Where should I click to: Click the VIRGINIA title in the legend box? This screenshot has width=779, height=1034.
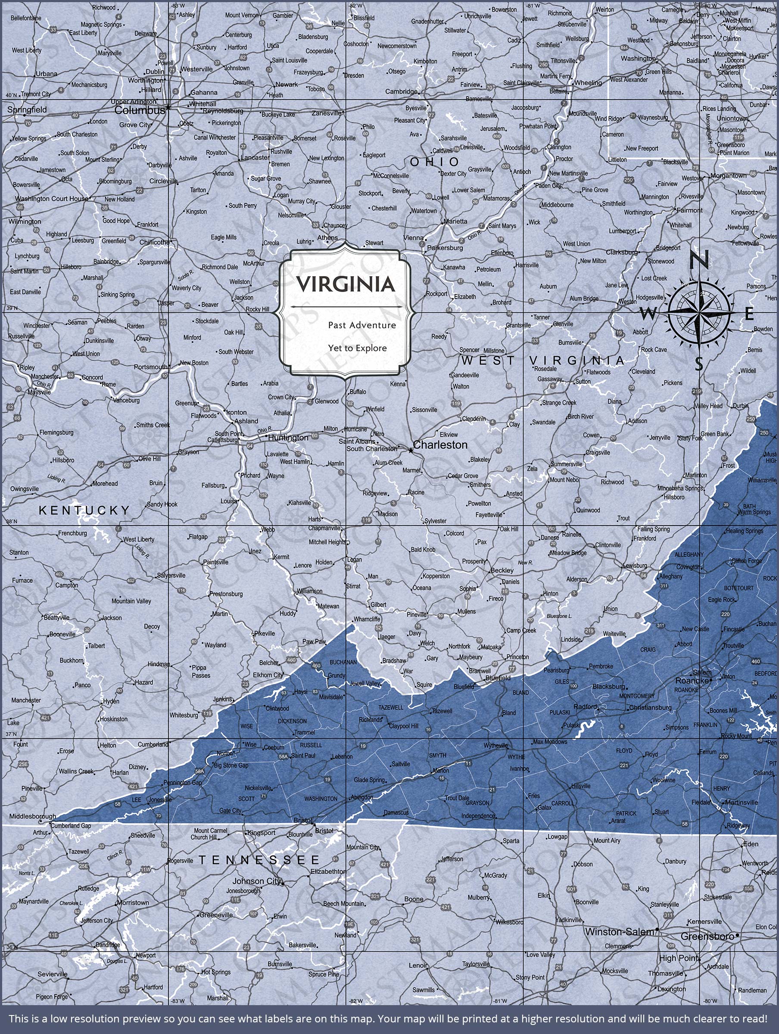click(x=346, y=284)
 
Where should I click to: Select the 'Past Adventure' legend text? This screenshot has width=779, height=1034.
click(x=361, y=325)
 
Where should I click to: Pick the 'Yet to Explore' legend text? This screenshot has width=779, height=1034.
click(x=357, y=348)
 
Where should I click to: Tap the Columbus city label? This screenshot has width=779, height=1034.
click(x=140, y=111)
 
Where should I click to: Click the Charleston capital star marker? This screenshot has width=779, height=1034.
click(x=410, y=451)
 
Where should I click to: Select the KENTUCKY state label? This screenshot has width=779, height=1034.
click(x=84, y=510)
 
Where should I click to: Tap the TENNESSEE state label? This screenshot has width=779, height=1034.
click(x=259, y=860)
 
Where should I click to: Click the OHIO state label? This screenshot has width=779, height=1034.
click(x=435, y=162)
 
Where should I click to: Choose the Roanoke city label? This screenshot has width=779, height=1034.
click(x=692, y=681)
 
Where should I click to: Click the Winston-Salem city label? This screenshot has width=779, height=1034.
click(x=619, y=931)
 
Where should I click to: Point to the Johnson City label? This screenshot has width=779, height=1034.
click(x=257, y=881)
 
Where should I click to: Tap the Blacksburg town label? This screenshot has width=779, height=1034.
click(x=608, y=687)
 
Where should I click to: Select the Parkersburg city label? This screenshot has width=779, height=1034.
click(x=445, y=248)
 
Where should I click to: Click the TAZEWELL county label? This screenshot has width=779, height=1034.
click(x=390, y=707)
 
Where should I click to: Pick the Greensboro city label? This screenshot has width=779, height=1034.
click(x=707, y=936)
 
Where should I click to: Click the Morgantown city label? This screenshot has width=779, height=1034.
click(x=728, y=176)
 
